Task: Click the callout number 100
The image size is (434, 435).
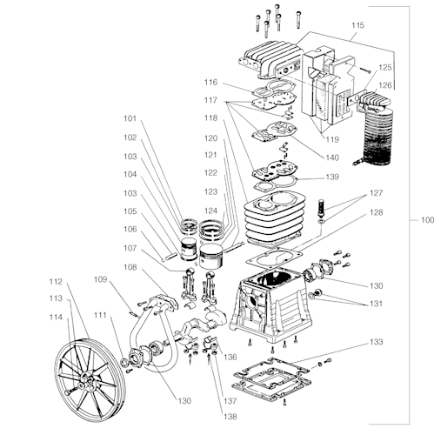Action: [427, 220]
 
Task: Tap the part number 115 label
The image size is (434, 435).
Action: [357, 25]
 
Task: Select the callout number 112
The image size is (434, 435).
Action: [56, 282]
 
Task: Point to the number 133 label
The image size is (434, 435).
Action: [377, 342]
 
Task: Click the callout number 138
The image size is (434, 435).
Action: [230, 417]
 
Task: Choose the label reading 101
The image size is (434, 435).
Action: [130, 118]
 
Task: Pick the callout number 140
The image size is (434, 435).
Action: [332, 157]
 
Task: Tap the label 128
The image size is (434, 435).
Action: [377, 212]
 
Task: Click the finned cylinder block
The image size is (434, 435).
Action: [274, 218]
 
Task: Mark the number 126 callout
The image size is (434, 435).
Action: [385, 85]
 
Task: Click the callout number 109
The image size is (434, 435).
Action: [100, 279]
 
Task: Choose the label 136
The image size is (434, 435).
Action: [230, 357]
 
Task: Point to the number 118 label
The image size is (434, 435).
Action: [210, 118]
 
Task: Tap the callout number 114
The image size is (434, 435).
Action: [56, 318]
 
